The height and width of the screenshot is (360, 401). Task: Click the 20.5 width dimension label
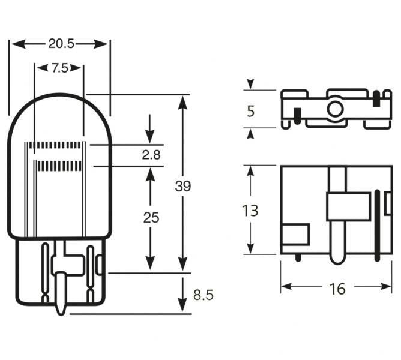[x=60, y=44]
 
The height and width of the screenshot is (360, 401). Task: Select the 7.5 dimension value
[x=59, y=68]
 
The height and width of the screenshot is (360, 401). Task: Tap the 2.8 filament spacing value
[x=151, y=155]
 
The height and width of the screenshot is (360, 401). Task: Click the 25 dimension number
[x=151, y=218]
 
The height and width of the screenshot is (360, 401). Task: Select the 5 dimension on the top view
[x=250, y=110]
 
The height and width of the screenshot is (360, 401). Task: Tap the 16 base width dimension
[x=338, y=289]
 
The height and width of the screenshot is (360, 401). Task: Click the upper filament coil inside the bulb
[x=58, y=145]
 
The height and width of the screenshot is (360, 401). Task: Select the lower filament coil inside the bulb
[x=58, y=165]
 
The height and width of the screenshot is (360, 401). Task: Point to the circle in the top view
[x=334, y=109]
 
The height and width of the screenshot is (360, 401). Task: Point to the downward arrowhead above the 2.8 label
[x=150, y=138]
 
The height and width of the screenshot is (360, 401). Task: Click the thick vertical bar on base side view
[x=377, y=225]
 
